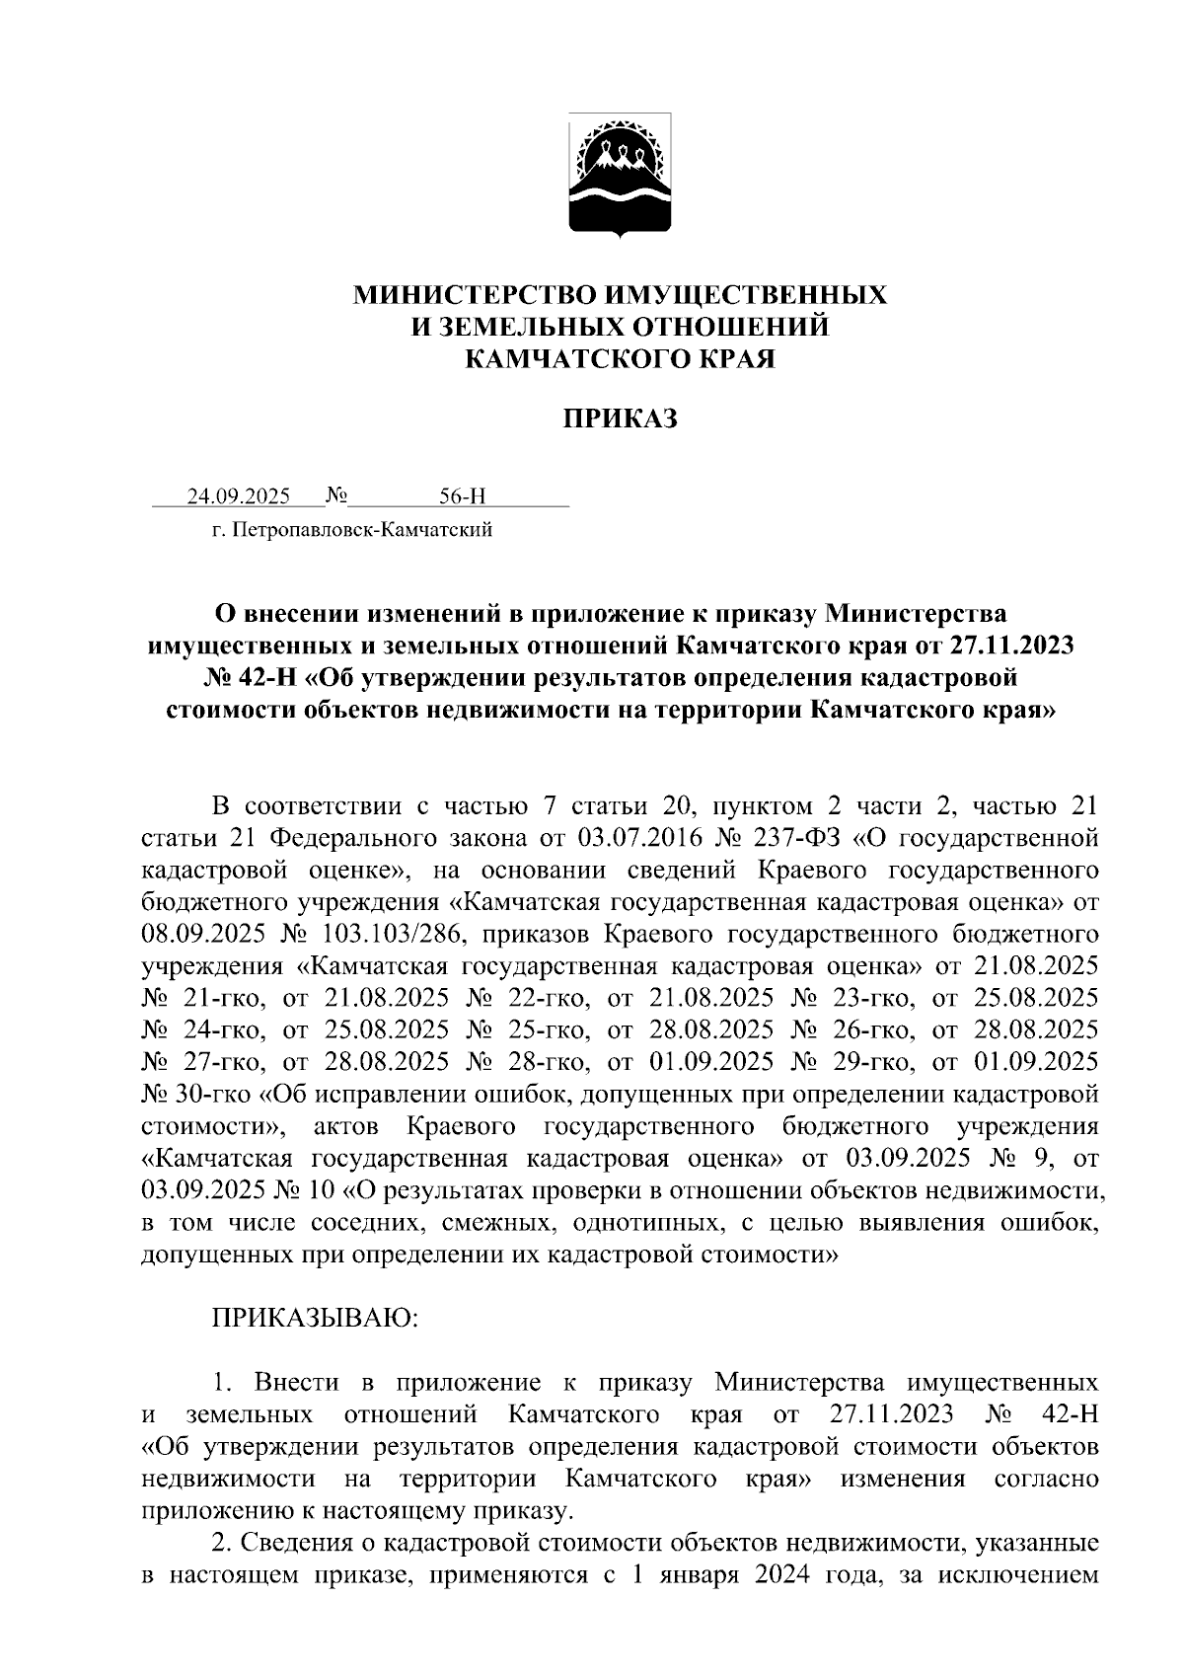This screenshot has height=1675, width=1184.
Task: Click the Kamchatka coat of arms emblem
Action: point(621,175)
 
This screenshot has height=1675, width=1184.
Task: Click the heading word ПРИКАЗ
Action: point(621,419)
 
